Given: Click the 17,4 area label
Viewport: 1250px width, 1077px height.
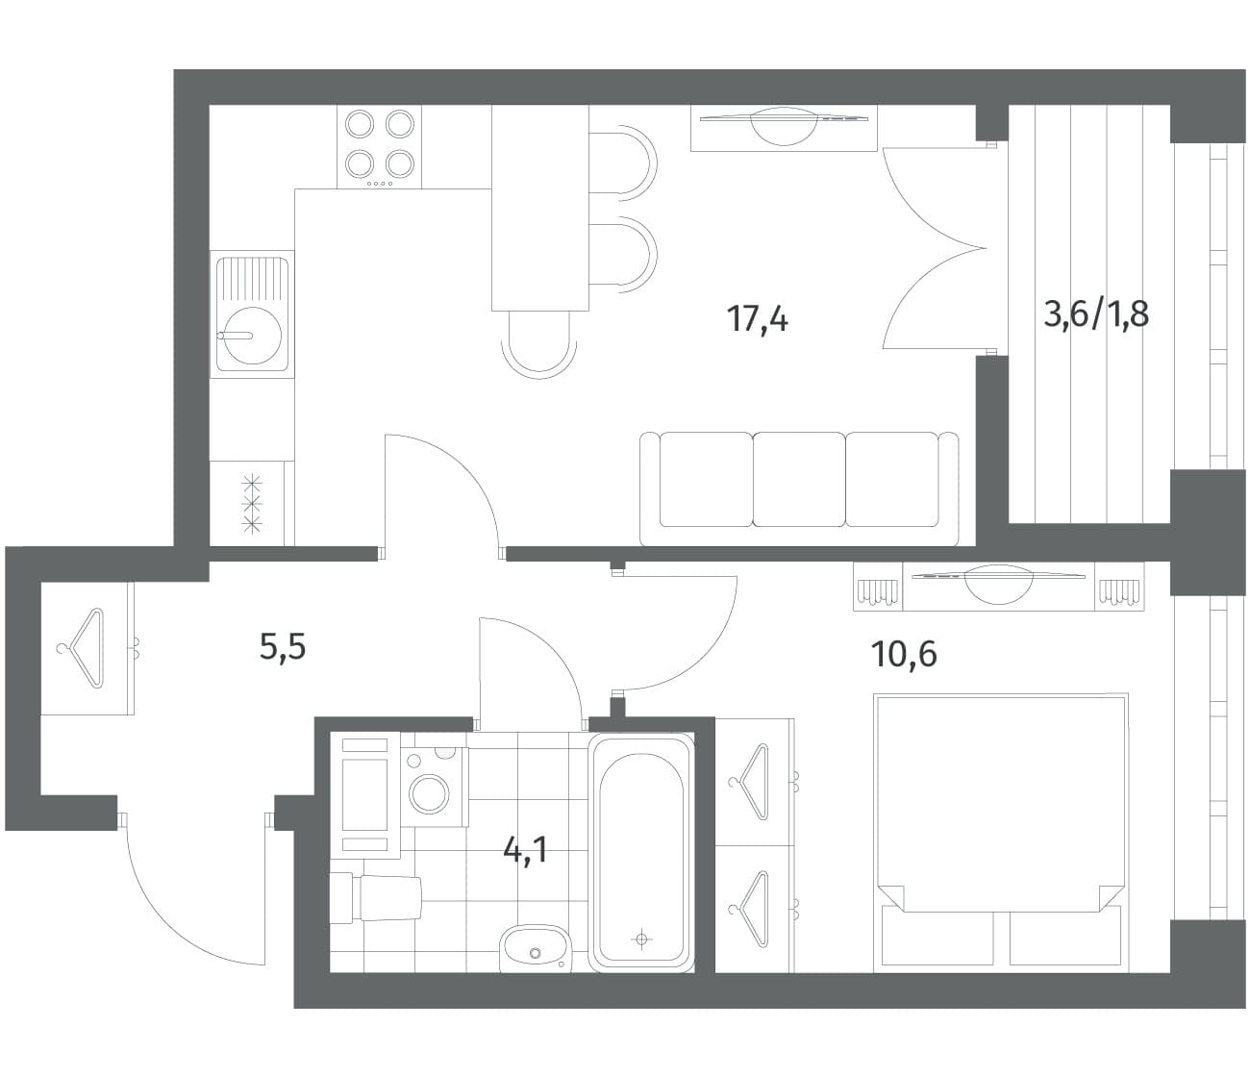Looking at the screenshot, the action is [758, 319].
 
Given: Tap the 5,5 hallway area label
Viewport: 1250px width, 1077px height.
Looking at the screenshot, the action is [283, 648].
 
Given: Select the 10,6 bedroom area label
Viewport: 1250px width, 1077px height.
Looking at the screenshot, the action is [904, 654].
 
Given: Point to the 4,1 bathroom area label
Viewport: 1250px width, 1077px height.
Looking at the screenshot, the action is [525, 851].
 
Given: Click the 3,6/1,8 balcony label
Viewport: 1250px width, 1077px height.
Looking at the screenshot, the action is [1096, 315].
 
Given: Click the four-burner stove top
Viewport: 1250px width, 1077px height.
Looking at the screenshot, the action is [379, 147].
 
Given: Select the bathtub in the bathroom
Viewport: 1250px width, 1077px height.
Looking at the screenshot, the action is [641, 853].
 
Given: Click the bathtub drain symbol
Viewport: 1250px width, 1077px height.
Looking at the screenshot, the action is [641, 939].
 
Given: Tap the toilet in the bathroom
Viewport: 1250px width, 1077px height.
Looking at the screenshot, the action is [376, 898].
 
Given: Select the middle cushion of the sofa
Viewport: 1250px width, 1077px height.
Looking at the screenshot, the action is [799, 480].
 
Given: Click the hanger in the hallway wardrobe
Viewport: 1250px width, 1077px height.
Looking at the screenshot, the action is [81, 648].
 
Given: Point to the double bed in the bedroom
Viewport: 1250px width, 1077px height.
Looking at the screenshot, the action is [1000, 833].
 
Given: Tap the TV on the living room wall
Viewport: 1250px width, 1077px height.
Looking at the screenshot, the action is [784, 126].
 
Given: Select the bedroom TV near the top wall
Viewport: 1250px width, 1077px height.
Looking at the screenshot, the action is [998, 584].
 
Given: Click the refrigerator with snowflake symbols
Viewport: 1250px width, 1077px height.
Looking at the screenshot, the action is [252, 504].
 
